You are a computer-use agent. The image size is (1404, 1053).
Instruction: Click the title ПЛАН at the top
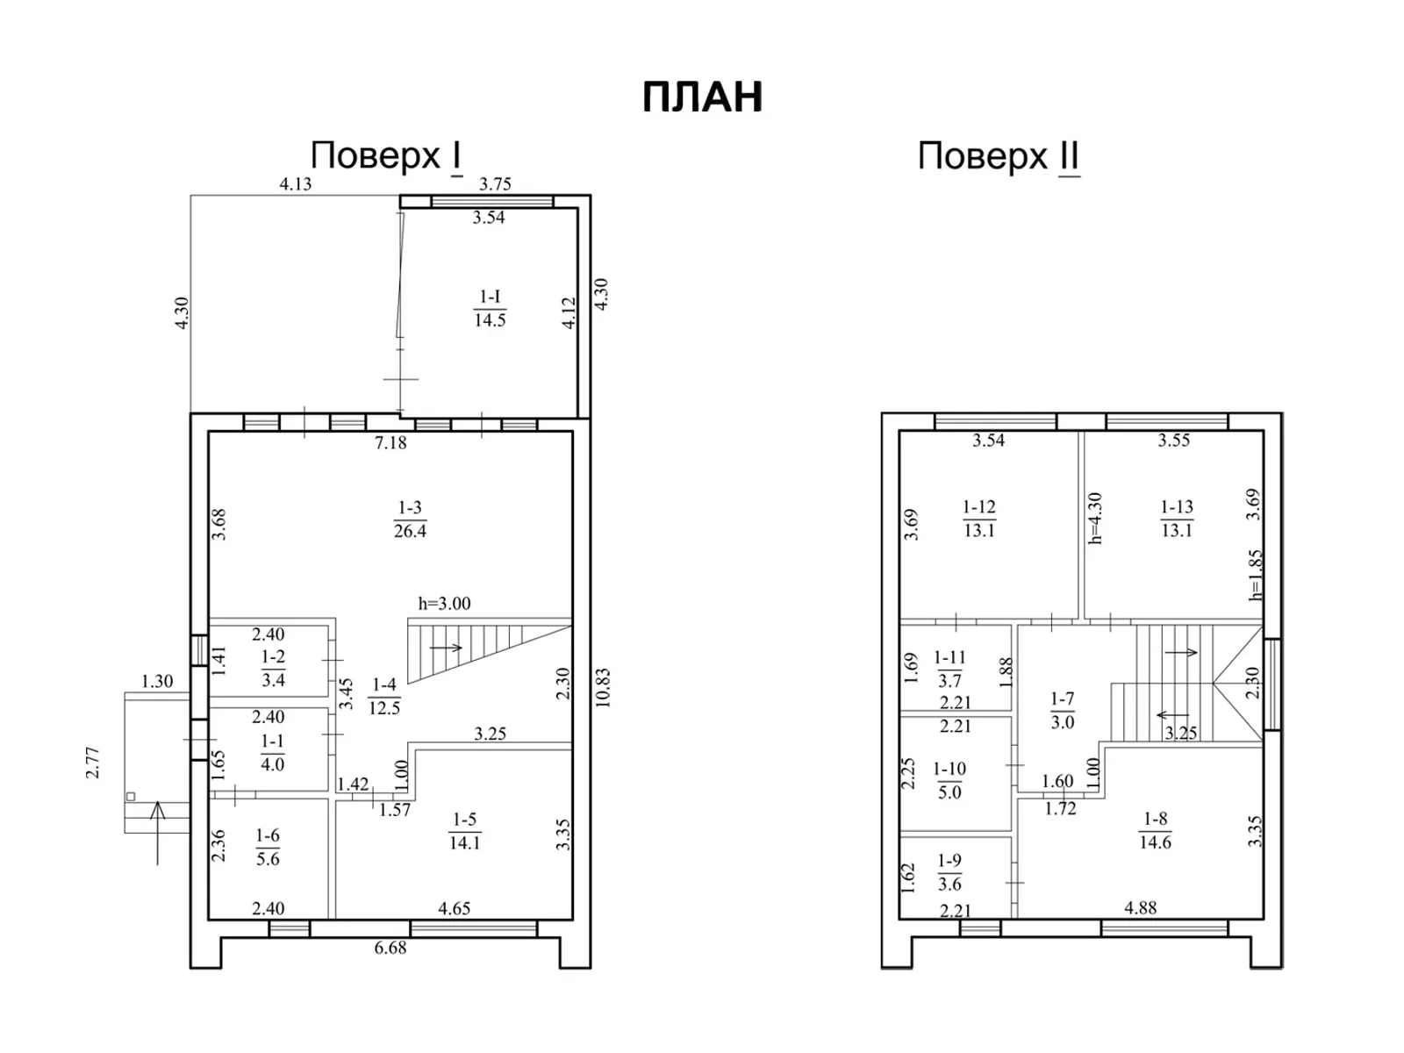[x=702, y=97]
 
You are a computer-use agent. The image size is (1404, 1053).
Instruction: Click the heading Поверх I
[x=386, y=156]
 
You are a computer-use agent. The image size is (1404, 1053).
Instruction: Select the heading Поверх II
[x=998, y=157]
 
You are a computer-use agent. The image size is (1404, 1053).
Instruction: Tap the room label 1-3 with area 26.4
[x=410, y=519]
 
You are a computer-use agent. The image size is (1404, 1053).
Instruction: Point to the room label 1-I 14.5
[x=490, y=308]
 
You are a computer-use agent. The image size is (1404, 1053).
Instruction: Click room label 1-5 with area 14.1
[x=464, y=831]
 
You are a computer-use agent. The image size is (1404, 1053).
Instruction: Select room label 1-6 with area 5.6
[x=268, y=847]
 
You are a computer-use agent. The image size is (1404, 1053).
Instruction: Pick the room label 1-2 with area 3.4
[x=273, y=668]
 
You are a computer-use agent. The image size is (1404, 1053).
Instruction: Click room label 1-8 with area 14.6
[x=1155, y=830]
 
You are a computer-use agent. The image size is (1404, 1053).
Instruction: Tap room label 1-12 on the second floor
[x=978, y=518]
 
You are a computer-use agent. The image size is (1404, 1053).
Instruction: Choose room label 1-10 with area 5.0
[x=949, y=780]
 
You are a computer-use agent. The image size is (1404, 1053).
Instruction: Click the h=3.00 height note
[x=444, y=604]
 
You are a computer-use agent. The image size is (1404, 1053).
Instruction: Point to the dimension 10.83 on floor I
[x=602, y=687]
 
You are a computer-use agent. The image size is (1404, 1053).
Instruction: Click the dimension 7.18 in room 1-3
[x=390, y=443]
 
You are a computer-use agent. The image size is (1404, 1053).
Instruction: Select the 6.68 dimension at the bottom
[x=390, y=948]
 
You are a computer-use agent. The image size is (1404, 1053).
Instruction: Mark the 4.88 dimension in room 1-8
[x=1140, y=908]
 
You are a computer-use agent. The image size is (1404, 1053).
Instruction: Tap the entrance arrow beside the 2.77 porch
[x=158, y=829]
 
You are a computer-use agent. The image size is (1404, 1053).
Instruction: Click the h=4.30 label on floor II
[x=1094, y=519]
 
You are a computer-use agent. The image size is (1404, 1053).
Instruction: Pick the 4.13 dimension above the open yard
[x=295, y=184]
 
